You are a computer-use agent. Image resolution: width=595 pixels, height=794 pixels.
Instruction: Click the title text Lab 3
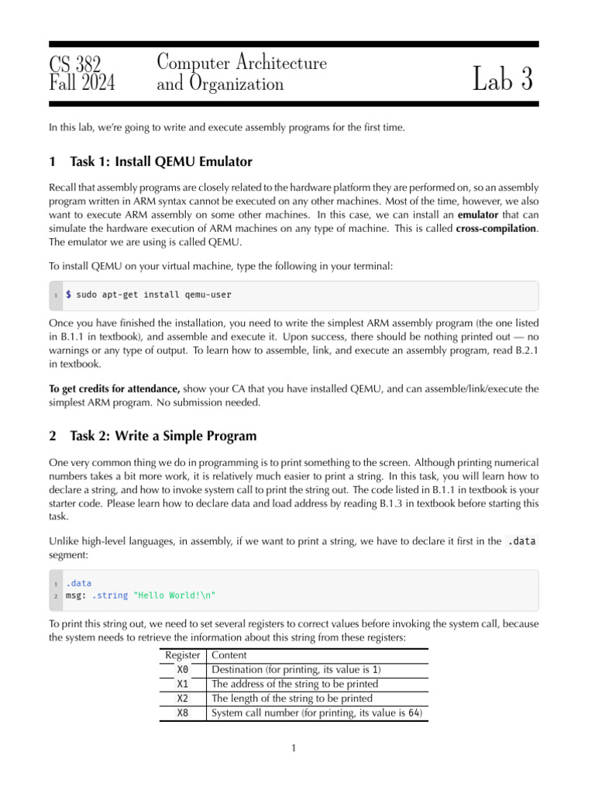point(503,80)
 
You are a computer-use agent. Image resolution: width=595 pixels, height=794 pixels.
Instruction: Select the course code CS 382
point(75,64)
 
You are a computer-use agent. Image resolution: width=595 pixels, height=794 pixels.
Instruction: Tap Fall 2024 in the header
point(81,82)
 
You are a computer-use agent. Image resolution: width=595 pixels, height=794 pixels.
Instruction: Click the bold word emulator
point(478,213)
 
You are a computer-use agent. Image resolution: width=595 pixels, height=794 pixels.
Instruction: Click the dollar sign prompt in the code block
point(69,295)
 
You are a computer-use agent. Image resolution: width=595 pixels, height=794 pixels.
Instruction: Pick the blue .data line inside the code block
point(78,583)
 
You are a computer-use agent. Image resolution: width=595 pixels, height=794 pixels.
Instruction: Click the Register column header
point(183,655)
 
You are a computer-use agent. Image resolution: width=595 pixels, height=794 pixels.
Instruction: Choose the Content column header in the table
point(229,655)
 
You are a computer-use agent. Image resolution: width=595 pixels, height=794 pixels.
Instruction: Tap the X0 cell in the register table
point(183,670)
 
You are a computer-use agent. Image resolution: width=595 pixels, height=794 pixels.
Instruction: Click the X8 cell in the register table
point(183,713)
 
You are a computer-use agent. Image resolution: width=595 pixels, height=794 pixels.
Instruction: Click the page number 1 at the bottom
point(294,748)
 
